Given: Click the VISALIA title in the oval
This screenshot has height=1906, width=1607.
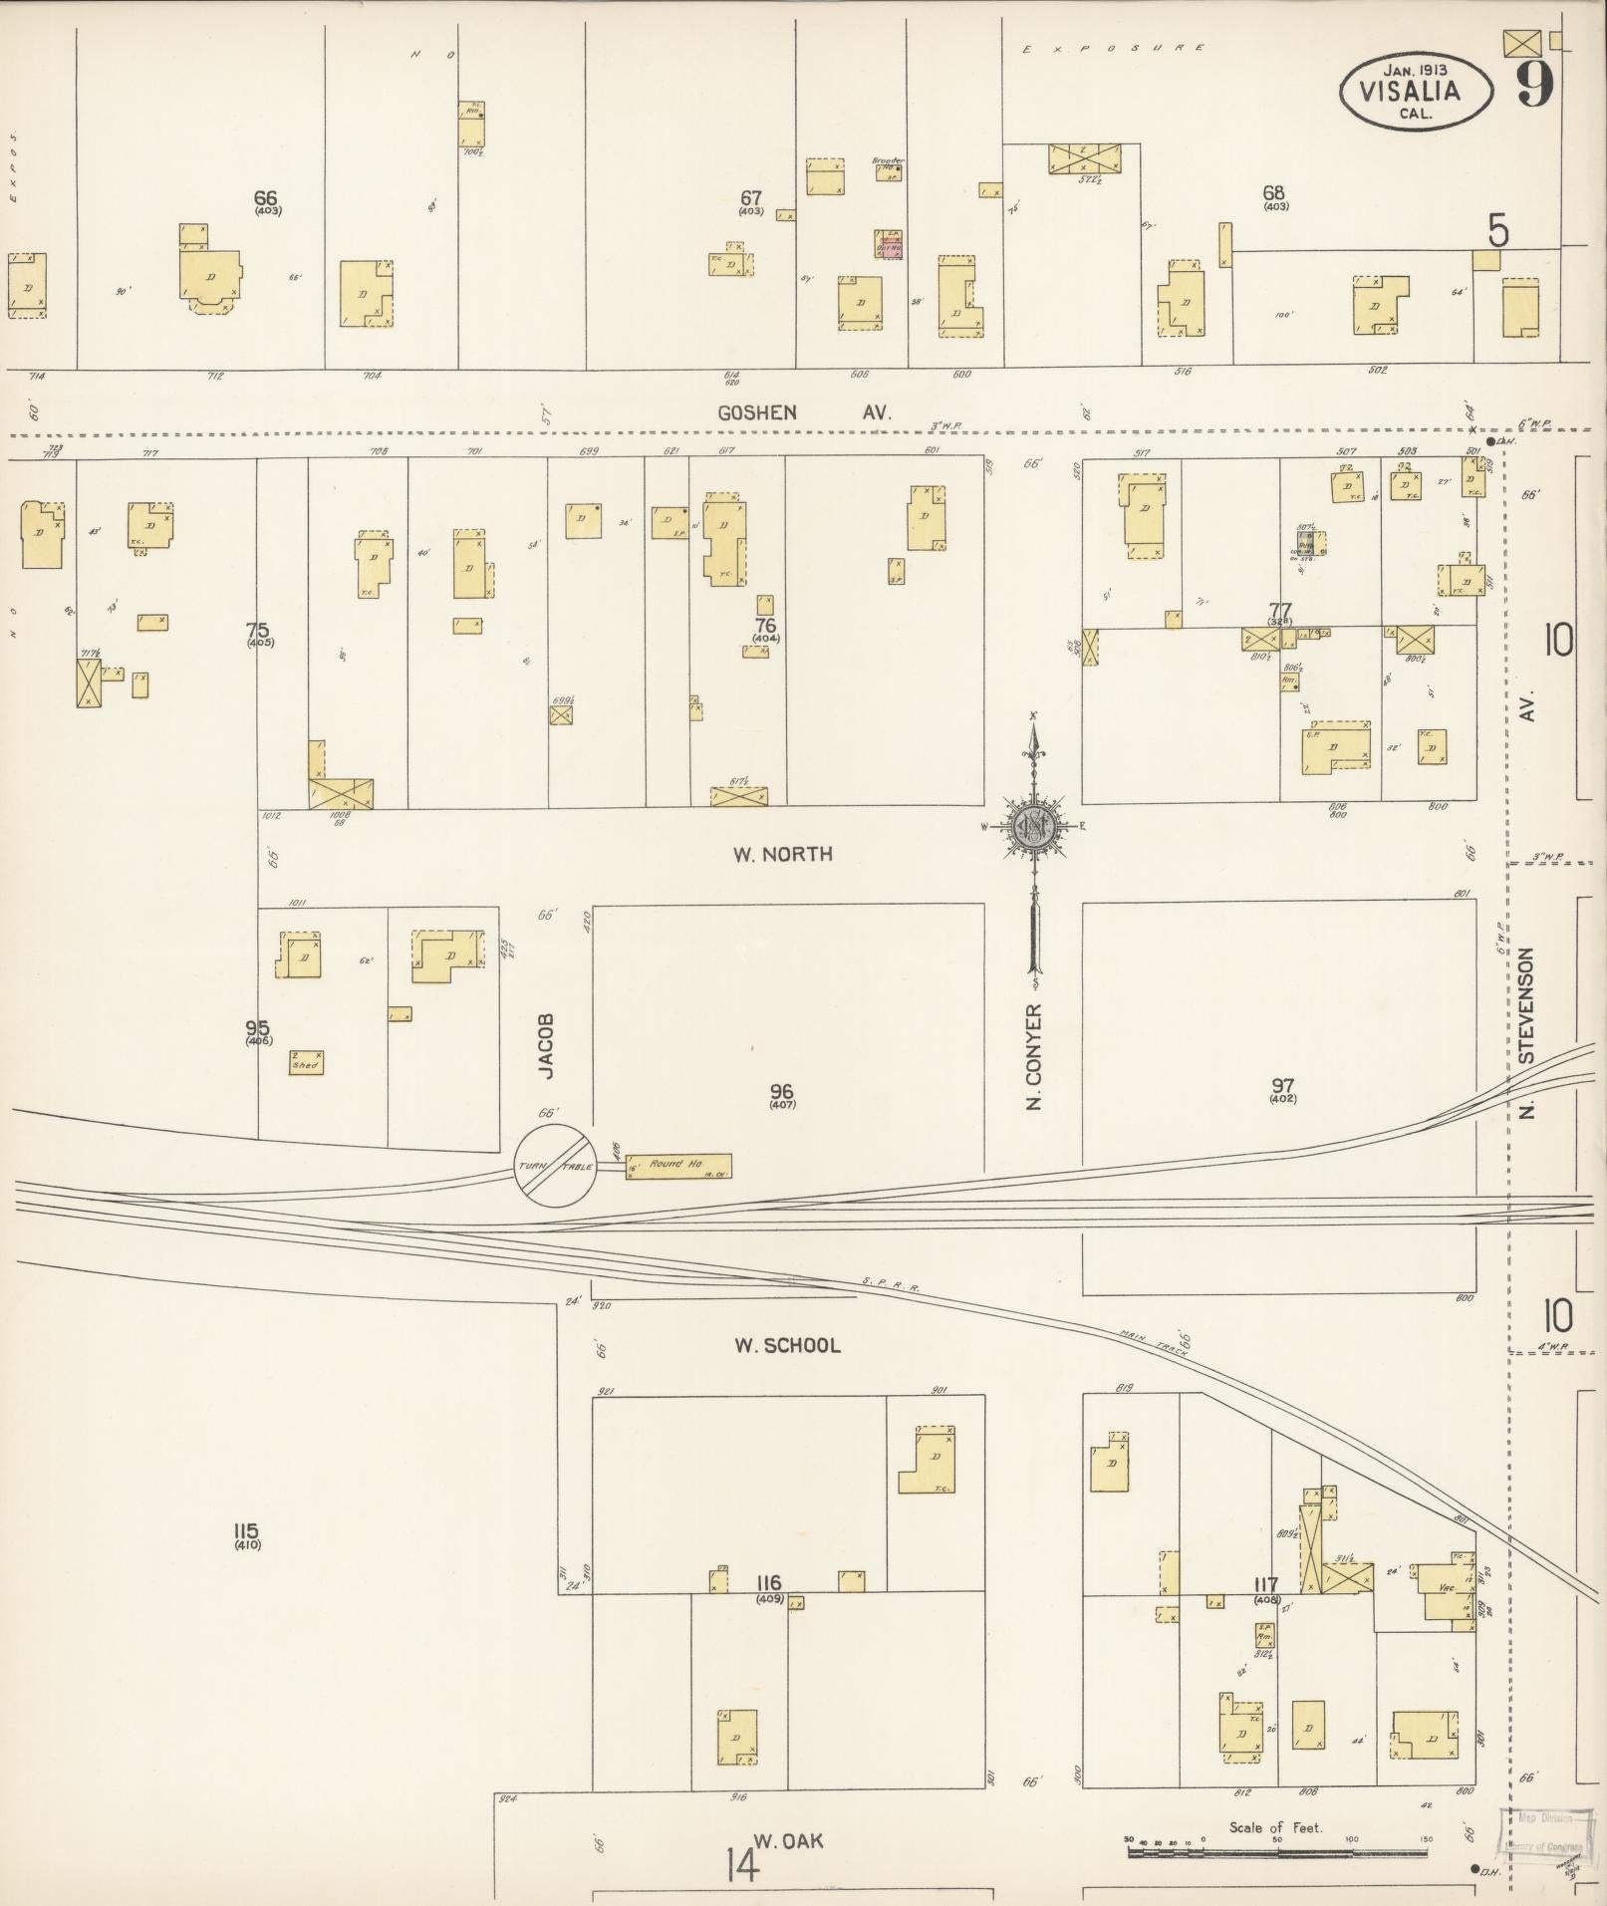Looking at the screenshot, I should pyautogui.click(x=1415, y=92).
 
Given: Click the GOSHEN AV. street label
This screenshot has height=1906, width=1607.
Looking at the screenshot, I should pyautogui.click(x=804, y=412).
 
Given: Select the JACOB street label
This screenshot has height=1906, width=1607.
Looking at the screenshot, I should pyautogui.click(x=545, y=1046).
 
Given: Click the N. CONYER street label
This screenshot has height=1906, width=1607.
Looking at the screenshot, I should pyautogui.click(x=1034, y=1056).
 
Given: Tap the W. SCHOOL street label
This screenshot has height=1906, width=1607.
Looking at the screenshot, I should pyautogui.click(x=787, y=1345).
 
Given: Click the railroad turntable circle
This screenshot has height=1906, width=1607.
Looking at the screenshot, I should pyautogui.click(x=555, y=1166).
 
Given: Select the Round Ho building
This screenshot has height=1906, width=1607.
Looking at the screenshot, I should pyautogui.click(x=678, y=1165).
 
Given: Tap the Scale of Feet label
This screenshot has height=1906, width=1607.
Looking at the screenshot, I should pyautogui.click(x=1275, y=1827).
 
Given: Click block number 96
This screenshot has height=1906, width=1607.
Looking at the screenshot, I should pyautogui.click(x=782, y=1091).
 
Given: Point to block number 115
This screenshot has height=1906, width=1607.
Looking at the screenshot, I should pyautogui.click(x=246, y=1530).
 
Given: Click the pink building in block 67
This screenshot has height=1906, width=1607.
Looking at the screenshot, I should pyautogui.click(x=889, y=245).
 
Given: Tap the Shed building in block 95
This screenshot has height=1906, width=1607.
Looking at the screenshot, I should pyautogui.click(x=305, y=1062).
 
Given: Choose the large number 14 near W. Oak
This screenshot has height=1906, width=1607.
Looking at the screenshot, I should pyautogui.click(x=743, y=1862).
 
